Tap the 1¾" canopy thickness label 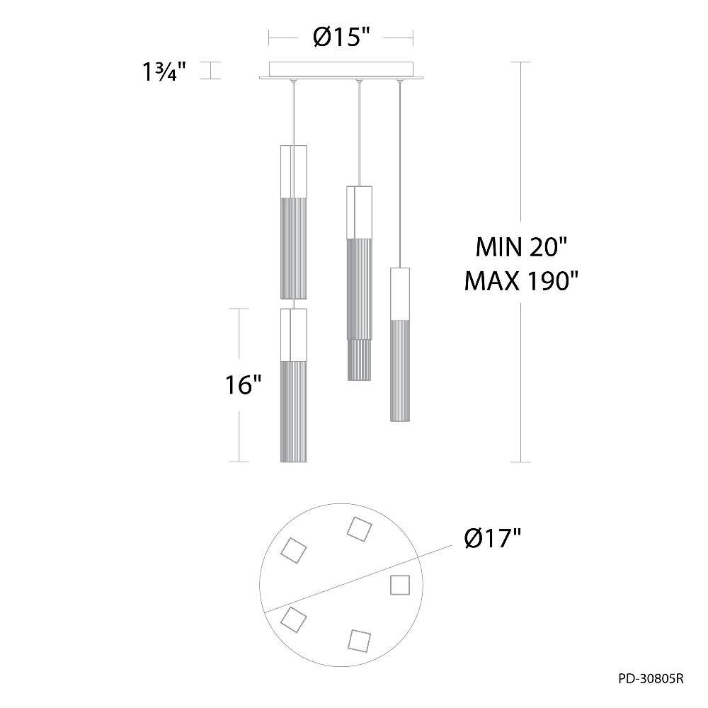coord(164,72)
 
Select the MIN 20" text coord(521,247)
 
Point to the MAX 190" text coord(522,281)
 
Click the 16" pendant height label coord(244,385)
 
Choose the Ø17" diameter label coord(493,538)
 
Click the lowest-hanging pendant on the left coord(294,385)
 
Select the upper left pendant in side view coord(294,222)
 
